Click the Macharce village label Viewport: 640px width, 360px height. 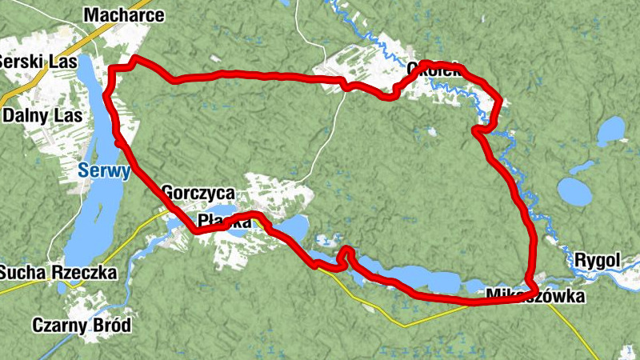123,15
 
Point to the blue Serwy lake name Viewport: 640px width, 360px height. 104,170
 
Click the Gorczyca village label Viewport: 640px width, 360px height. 197,193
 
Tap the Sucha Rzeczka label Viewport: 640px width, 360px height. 58,272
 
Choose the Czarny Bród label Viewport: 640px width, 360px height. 81,326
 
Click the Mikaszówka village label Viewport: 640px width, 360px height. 535,298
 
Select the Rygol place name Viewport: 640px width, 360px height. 597,260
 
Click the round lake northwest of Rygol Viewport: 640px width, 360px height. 574,191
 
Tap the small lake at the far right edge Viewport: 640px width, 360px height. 611,129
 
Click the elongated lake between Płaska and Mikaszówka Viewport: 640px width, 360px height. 408,278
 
